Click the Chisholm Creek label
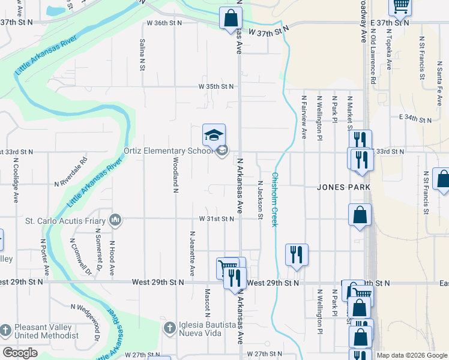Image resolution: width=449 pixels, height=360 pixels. coord(275,199)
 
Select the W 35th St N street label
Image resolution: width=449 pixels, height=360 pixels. coord(216,86)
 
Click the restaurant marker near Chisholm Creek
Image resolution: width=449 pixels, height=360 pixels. coord(297,254)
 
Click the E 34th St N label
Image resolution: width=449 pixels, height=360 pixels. coord(415,120)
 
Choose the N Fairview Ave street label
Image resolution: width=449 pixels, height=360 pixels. coord(304,117)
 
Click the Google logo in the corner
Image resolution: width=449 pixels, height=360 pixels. coord(20,353)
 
